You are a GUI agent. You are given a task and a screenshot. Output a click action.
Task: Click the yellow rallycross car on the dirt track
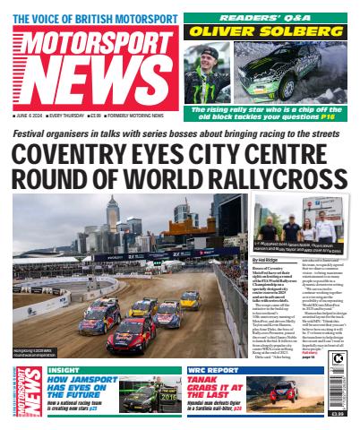click(x=189, y=297)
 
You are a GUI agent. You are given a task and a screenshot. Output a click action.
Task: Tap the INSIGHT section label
click(x=63, y=369)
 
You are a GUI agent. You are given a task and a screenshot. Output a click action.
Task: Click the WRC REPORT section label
click(x=215, y=369)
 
